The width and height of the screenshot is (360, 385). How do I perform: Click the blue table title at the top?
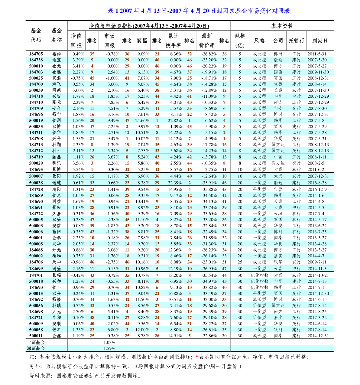pos(199,11)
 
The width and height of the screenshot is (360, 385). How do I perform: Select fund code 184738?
pos(36,60)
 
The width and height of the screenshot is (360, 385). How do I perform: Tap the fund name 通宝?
pos(57,60)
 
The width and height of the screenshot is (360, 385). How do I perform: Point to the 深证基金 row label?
pos(36,348)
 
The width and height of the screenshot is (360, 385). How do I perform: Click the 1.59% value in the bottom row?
pos(109,348)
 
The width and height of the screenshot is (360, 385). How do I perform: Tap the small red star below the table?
pos(197,356)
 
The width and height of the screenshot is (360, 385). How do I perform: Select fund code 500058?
pos(36,330)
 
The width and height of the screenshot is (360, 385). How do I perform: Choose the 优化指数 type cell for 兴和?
pos(259,281)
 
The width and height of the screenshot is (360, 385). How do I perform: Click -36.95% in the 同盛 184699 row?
pos(209,269)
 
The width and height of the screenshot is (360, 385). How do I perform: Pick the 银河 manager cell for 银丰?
pos(278,330)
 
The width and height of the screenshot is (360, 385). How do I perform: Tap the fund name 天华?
pos(57,262)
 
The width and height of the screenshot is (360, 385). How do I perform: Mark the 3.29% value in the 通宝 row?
pos(78,60)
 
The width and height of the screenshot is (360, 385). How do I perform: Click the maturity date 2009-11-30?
pos(318,72)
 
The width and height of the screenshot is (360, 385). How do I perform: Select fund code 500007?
pos(36,176)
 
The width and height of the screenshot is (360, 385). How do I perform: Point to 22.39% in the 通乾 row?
pos(175,183)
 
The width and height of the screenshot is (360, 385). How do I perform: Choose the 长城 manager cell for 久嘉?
pos(278,214)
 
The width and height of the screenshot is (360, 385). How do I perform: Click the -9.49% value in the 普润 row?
pos(112,120)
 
